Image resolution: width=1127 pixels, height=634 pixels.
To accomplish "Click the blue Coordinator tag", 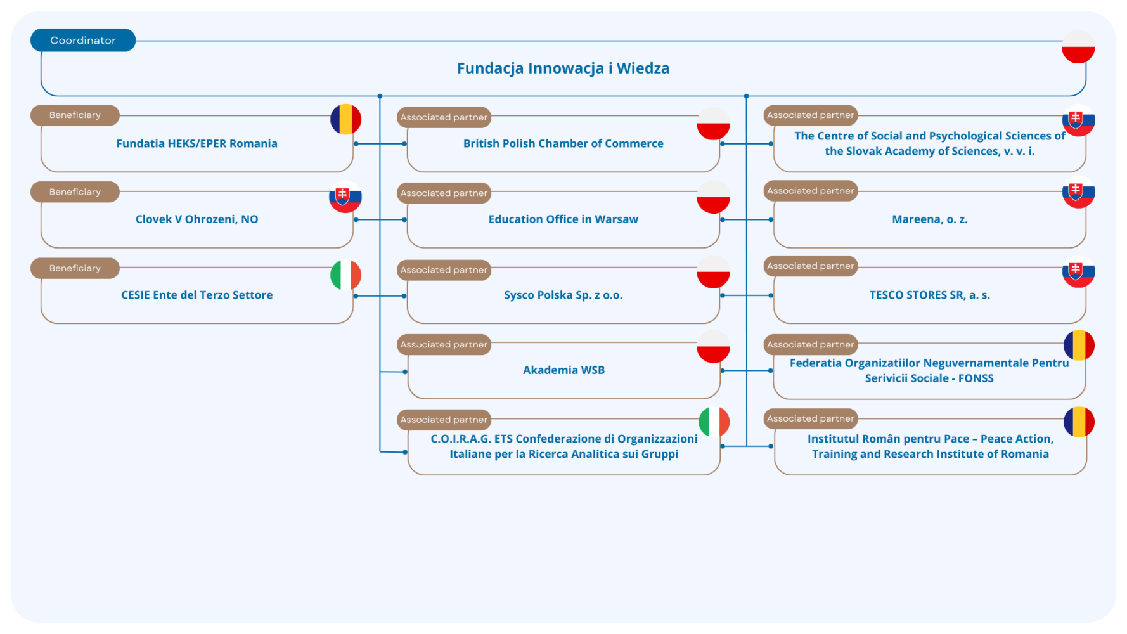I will [x=83, y=41].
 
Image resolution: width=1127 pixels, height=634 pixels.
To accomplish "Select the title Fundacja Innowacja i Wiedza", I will [x=563, y=68].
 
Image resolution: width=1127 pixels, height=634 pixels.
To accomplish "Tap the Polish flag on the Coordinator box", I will [x=1078, y=48].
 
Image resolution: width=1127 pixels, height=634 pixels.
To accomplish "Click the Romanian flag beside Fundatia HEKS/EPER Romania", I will [x=345, y=119].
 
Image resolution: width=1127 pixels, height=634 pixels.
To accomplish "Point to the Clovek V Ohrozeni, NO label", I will [x=196, y=219].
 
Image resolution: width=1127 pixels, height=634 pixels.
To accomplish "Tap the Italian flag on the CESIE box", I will [x=345, y=275].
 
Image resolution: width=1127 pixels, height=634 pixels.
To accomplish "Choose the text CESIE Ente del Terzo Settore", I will [x=196, y=295].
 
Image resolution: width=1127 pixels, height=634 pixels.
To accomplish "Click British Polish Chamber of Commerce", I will [x=563, y=144].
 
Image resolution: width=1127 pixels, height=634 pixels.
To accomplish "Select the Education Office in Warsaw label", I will [x=563, y=219].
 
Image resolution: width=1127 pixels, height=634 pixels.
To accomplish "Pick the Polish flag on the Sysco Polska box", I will [x=713, y=272].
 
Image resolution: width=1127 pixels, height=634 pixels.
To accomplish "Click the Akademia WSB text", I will [x=563, y=370].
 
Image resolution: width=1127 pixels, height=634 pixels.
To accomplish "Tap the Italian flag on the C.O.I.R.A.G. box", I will [x=714, y=422].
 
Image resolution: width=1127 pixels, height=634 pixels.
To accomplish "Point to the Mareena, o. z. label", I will [x=929, y=219].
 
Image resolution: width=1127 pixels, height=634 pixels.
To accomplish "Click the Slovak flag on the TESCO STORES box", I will [x=1078, y=272].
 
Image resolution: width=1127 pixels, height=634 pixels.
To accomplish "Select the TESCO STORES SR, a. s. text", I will [x=929, y=295].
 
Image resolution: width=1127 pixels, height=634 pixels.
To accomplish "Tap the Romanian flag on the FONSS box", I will [x=1079, y=346].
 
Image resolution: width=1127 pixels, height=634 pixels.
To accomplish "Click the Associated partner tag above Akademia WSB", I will [x=444, y=345].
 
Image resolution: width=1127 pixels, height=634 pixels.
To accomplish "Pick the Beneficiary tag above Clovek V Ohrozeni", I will [x=75, y=192].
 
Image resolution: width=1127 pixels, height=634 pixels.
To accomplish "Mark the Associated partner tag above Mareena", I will [x=810, y=191].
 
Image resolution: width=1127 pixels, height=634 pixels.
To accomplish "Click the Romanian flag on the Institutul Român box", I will [x=1079, y=422].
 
